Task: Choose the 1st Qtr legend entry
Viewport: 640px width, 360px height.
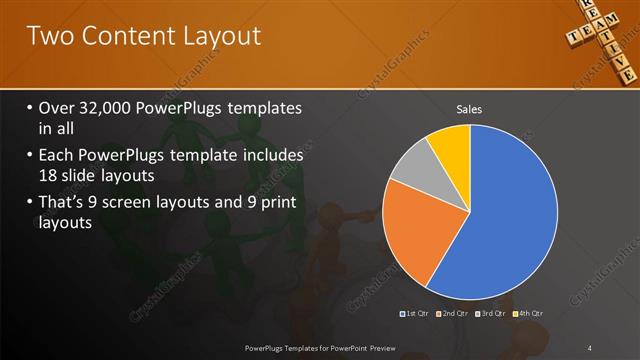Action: tap(416, 314)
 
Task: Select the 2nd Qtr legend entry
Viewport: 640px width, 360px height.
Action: tap(454, 314)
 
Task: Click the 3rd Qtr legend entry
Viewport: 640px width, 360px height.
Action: tap(491, 314)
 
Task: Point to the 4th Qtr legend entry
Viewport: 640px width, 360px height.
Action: tap(528, 314)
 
